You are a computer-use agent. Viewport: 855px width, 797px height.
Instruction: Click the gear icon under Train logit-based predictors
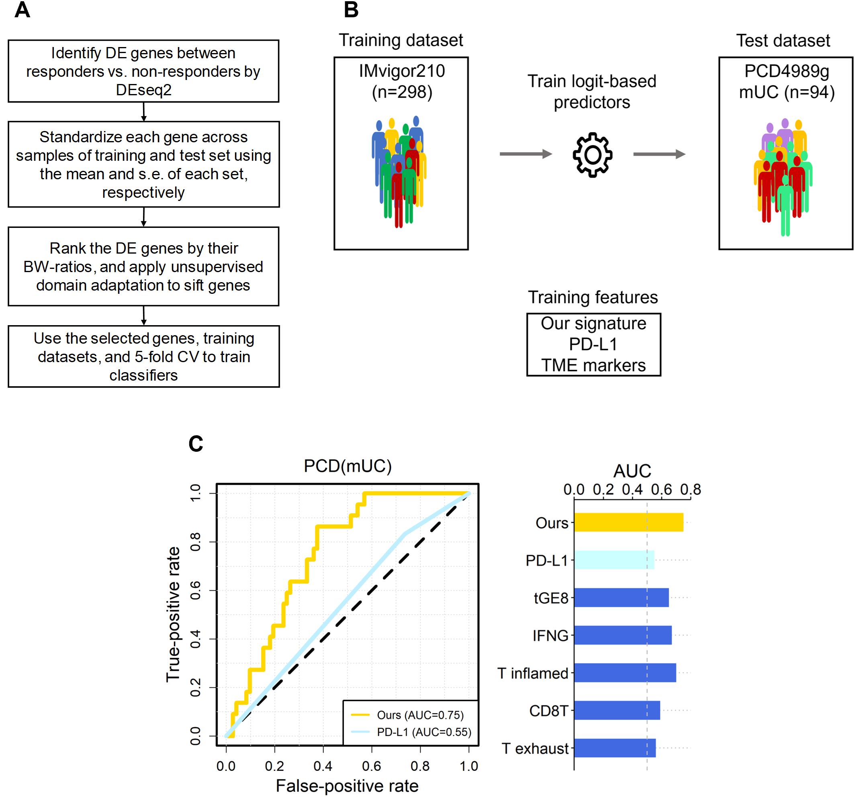[x=592, y=154]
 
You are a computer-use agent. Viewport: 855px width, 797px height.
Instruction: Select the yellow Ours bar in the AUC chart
[x=628, y=522]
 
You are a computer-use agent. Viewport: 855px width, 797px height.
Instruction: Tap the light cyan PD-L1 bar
[x=614, y=559]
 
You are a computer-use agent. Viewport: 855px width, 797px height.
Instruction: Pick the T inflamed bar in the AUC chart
[x=624, y=673]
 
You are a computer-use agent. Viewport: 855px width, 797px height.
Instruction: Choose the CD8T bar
[x=617, y=710]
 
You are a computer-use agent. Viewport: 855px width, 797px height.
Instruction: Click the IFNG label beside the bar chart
[x=550, y=635]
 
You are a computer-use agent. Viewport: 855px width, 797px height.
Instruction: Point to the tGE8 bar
[x=621, y=597]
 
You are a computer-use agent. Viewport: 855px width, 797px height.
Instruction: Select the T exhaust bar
[x=615, y=748]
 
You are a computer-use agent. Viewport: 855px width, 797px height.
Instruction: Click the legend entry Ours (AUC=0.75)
[x=420, y=715]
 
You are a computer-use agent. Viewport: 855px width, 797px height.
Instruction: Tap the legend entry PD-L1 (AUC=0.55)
[x=423, y=732]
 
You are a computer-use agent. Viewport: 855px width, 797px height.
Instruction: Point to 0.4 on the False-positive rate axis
[x=323, y=766]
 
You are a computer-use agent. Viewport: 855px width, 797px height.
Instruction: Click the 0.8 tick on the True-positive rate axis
[x=196, y=542]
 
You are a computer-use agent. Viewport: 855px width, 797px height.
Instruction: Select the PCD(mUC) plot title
[x=348, y=466]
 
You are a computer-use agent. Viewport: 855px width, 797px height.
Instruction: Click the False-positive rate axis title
[x=347, y=786]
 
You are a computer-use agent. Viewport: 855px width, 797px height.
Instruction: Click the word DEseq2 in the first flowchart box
[x=144, y=90]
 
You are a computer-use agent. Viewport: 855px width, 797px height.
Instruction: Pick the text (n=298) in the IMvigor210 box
[x=402, y=92]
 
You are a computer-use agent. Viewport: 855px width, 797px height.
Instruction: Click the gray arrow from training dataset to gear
[x=525, y=154]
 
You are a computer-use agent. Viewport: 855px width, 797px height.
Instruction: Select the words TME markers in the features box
[x=593, y=365]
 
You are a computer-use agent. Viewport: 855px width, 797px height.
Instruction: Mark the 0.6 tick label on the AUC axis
[x=661, y=489]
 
